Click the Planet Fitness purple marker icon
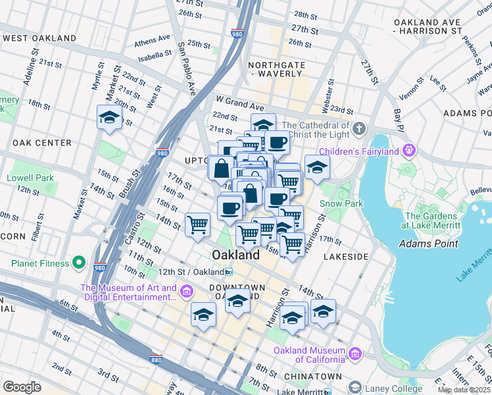pos(79,264)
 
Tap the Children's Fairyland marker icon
pos(409,151)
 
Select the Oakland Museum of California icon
pos(355,354)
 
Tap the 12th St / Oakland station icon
pos(228,272)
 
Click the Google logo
pos(22,387)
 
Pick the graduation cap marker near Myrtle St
pos(109,118)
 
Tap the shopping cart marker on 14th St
pos(197,225)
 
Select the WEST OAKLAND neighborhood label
pos(39,38)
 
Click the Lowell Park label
pos(30,178)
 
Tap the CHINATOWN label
pos(313,376)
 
